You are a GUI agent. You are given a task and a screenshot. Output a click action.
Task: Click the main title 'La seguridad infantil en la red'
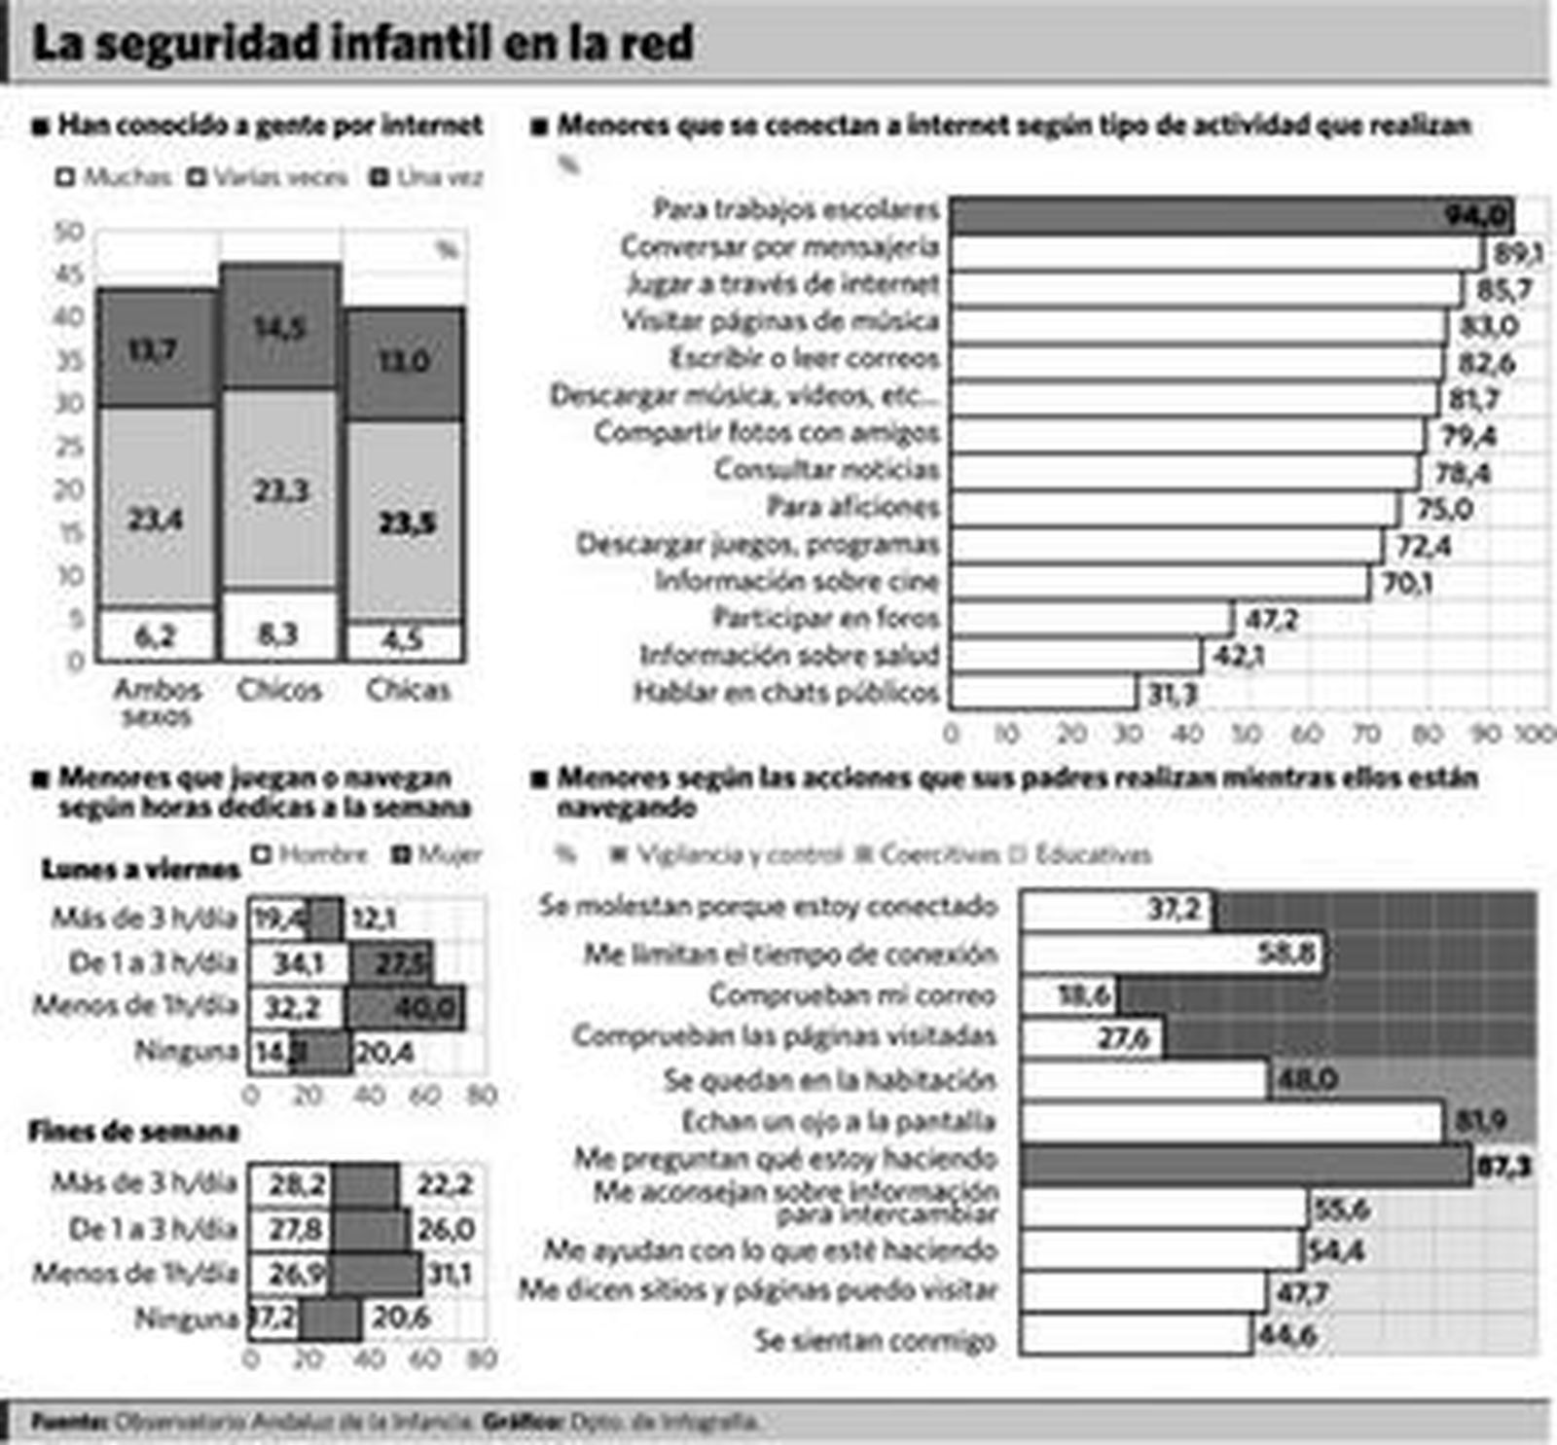point(362,44)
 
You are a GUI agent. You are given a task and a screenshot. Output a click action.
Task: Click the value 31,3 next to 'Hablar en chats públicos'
point(1172,694)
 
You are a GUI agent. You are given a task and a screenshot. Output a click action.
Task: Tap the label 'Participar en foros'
point(825,618)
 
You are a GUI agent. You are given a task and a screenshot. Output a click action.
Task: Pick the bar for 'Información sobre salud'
point(1075,656)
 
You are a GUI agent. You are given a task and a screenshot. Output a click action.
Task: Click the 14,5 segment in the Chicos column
point(280,327)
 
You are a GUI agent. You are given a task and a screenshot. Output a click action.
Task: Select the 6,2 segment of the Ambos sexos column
point(156,636)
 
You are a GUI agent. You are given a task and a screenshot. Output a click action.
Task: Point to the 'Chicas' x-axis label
point(408,690)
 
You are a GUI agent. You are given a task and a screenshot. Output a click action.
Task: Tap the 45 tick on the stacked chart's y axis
point(69,275)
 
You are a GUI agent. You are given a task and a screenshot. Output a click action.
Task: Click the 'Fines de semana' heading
point(133,1131)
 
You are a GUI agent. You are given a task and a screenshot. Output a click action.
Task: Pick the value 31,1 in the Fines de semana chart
point(450,1274)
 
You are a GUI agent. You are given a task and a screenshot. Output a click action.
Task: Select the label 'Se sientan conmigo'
point(875,1340)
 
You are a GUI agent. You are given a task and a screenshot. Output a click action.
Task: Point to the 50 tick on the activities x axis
point(1247,734)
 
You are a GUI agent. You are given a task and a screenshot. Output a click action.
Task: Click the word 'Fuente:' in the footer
point(69,1422)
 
